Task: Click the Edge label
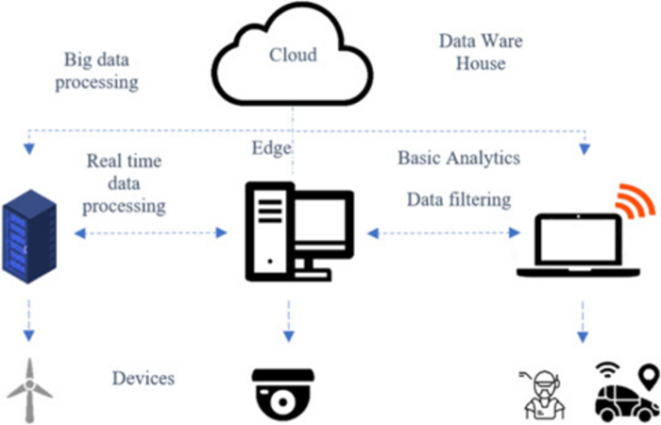(x=271, y=148)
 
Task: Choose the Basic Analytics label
(x=458, y=158)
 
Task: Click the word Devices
(x=144, y=378)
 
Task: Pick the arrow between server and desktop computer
(x=153, y=231)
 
